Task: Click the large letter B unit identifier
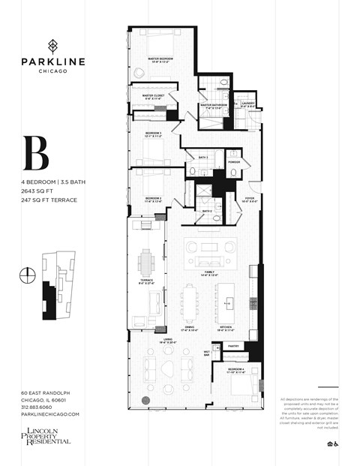pos(36,154)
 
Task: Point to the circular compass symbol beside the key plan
pos(28,275)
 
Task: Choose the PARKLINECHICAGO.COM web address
pos(50,414)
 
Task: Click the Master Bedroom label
pos(160,59)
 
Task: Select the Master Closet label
pos(147,96)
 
